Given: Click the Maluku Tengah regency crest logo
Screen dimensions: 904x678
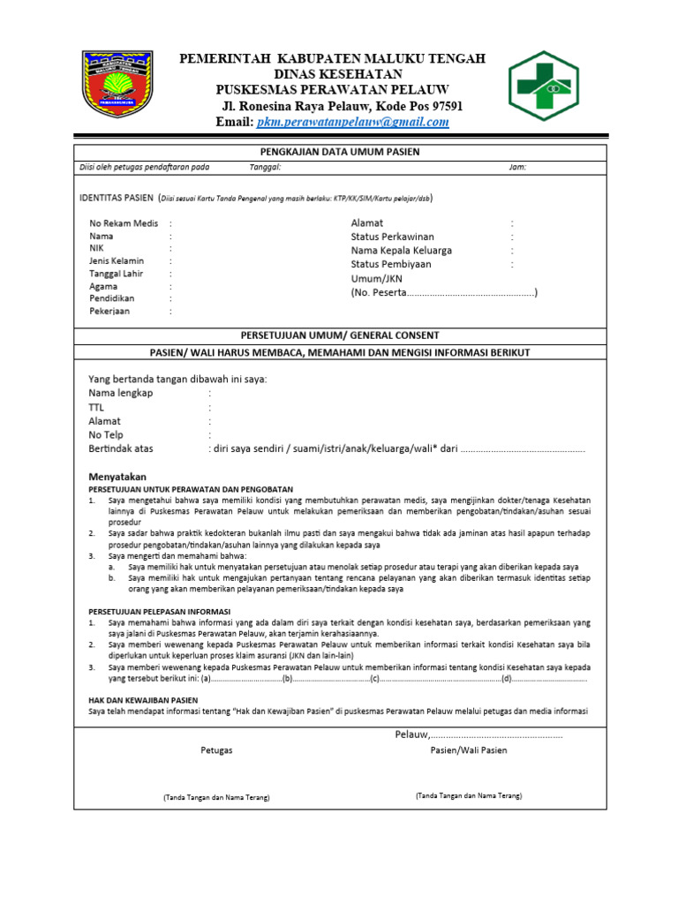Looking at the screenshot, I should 117,85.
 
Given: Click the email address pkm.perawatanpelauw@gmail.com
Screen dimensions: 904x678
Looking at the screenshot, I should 352,123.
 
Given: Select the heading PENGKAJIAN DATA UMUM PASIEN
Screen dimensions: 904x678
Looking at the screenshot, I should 340,152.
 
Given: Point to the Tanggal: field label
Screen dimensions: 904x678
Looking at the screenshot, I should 265,167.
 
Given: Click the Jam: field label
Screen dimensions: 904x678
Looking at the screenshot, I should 517,167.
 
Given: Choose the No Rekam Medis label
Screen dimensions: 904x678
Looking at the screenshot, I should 124,224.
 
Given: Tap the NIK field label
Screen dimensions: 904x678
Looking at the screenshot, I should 96,249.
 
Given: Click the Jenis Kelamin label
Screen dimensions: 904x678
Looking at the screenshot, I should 117,261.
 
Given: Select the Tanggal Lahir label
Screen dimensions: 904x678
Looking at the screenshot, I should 116,274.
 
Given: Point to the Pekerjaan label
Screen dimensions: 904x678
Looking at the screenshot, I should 109,311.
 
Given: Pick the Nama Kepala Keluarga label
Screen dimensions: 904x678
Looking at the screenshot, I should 401,251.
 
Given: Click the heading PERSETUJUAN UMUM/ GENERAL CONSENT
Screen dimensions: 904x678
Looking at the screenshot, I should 340,335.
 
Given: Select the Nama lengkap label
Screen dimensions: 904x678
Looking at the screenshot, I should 121,393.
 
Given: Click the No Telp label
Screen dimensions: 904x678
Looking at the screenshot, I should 106,435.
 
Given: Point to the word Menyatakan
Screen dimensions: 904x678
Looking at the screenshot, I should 117,475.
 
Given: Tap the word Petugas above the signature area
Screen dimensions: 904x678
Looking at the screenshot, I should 216,750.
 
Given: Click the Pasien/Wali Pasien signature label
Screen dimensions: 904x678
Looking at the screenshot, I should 469,750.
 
